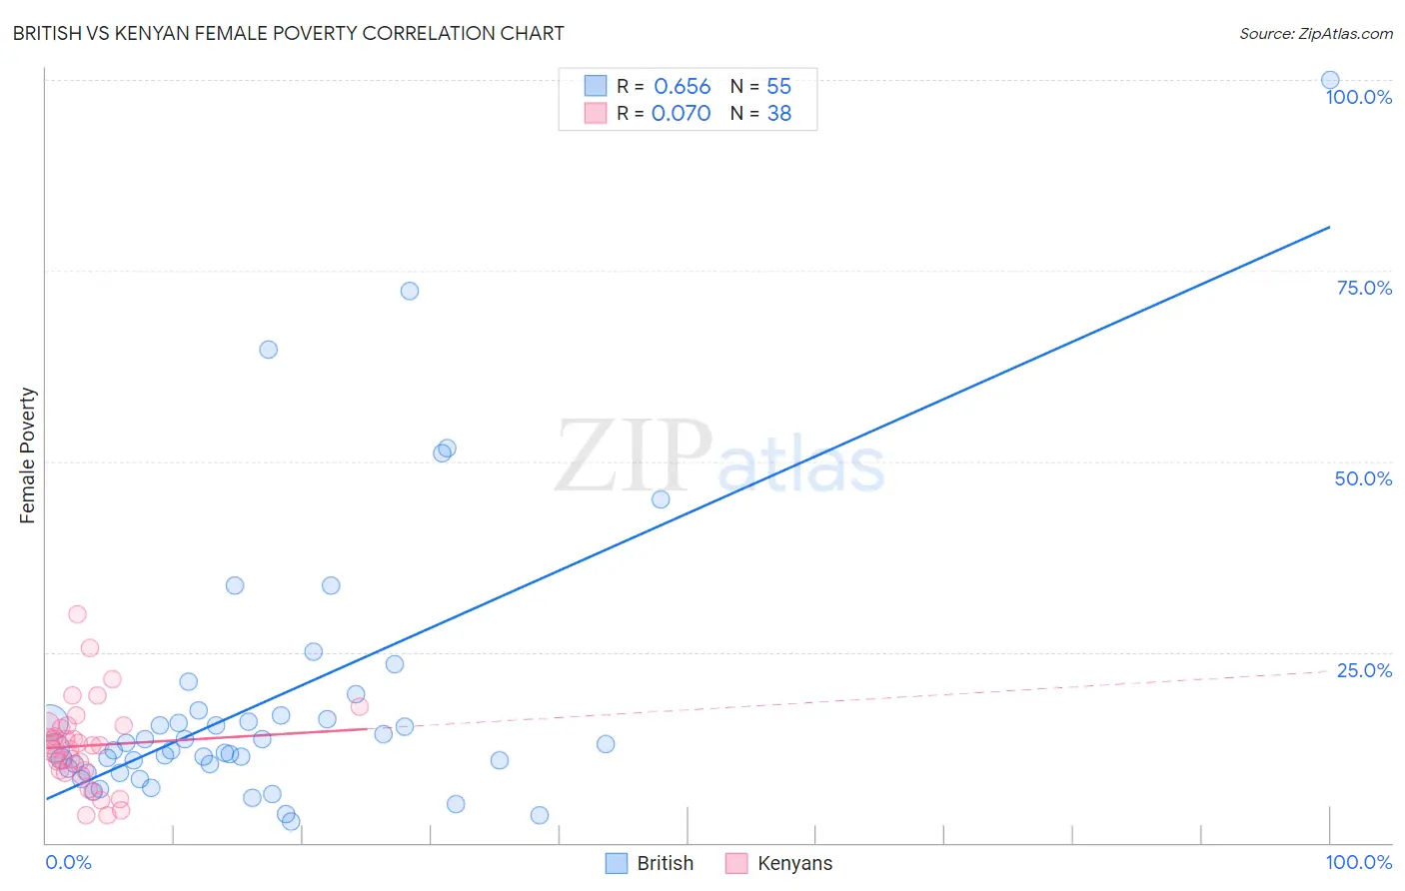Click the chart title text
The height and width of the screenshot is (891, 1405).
[288, 33]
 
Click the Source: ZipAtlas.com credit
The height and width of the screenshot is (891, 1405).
[1315, 33]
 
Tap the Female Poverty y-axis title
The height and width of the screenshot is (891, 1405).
[28, 455]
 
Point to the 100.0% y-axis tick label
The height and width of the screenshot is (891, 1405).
[1358, 97]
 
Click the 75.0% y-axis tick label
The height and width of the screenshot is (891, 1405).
[1364, 288]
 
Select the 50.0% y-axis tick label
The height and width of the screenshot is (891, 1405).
[1363, 478]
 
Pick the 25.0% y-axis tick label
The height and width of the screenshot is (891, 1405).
[1364, 670]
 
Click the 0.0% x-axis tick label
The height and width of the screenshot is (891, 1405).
[68, 862]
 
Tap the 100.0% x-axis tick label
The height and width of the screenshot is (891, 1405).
[1358, 862]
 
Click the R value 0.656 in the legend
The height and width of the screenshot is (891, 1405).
[682, 87]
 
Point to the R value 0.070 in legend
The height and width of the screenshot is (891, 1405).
[681, 114]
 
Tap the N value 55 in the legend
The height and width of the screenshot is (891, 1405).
[778, 87]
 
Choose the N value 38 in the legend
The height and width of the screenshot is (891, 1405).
[778, 114]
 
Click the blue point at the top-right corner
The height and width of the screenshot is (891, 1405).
[1330, 80]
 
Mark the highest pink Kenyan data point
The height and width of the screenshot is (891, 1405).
[77, 614]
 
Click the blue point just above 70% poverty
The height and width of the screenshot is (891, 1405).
[410, 291]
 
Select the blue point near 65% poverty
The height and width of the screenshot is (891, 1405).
[268, 350]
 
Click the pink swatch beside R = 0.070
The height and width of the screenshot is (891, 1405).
[596, 114]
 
